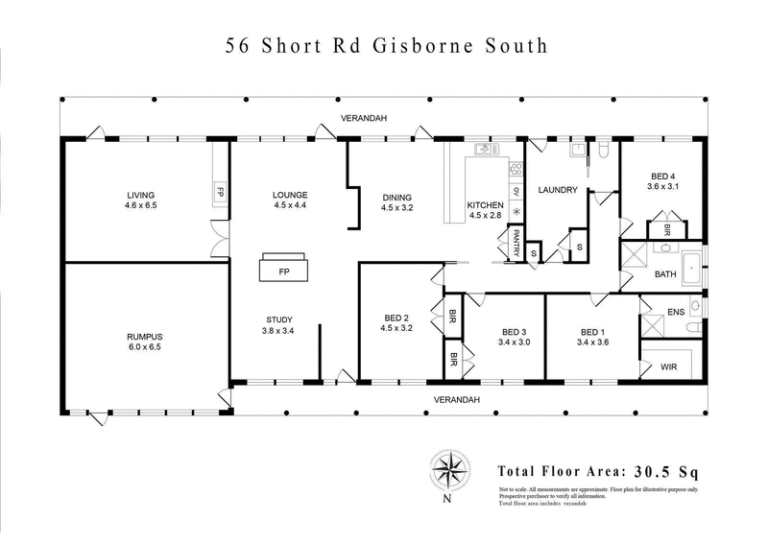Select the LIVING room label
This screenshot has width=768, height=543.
click(140, 195)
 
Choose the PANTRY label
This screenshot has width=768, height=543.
click(516, 244)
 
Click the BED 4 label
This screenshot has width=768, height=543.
click(663, 176)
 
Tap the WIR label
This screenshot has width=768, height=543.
click(670, 367)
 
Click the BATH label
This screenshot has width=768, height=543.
click(666, 275)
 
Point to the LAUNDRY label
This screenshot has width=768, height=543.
click(558, 190)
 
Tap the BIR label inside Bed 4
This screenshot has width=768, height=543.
click(666, 230)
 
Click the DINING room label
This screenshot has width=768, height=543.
click(396, 196)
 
